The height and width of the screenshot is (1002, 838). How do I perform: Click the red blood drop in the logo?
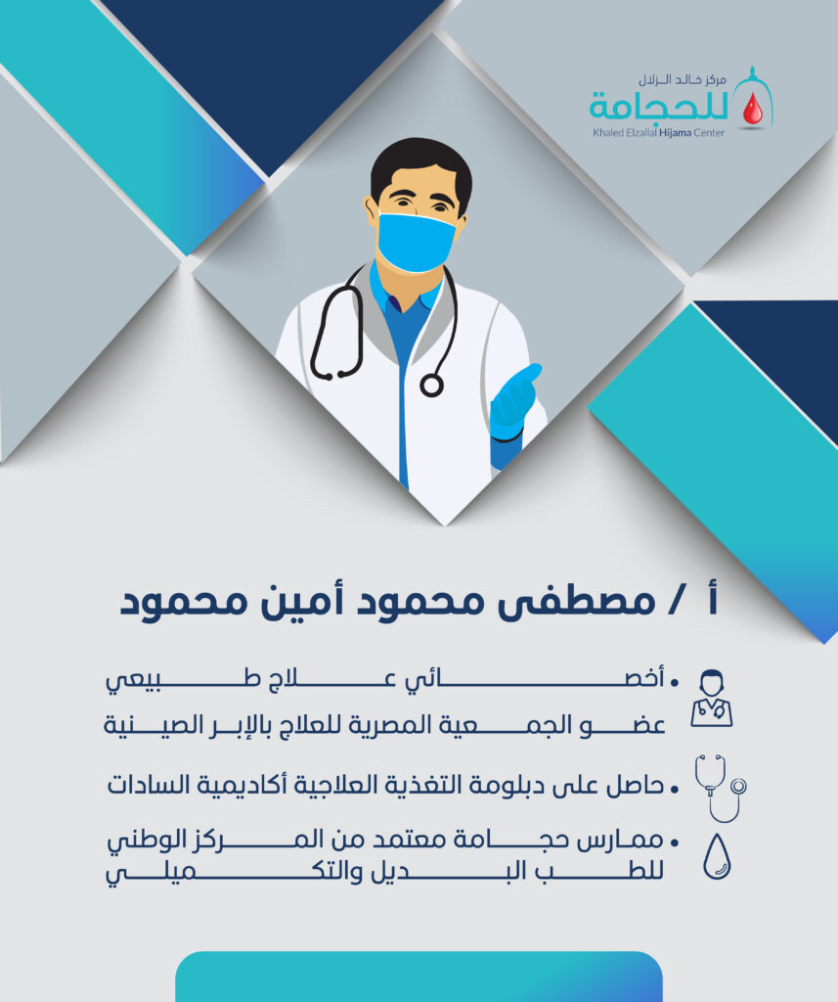click(752, 109)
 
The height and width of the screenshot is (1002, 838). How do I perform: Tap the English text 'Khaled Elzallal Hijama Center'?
click(658, 133)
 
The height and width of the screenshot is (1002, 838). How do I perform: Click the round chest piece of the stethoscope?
click(431, 386)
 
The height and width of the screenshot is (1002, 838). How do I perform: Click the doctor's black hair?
click(420, 169)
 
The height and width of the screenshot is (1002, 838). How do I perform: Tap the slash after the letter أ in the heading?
click(673, 602)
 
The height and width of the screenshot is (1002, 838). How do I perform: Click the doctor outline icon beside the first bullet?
click(712, 698)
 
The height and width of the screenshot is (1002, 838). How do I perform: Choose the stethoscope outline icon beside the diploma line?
click(721, 788)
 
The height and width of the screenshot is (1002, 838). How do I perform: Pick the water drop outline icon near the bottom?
click(717, 856)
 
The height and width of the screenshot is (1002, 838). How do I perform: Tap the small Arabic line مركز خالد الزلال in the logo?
click(683, 80)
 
